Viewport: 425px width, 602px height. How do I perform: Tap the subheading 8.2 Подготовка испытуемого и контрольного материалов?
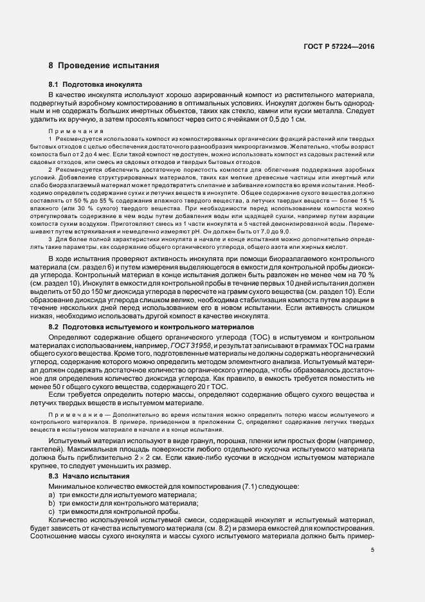147,327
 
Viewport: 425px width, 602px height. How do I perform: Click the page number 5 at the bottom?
372,549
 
